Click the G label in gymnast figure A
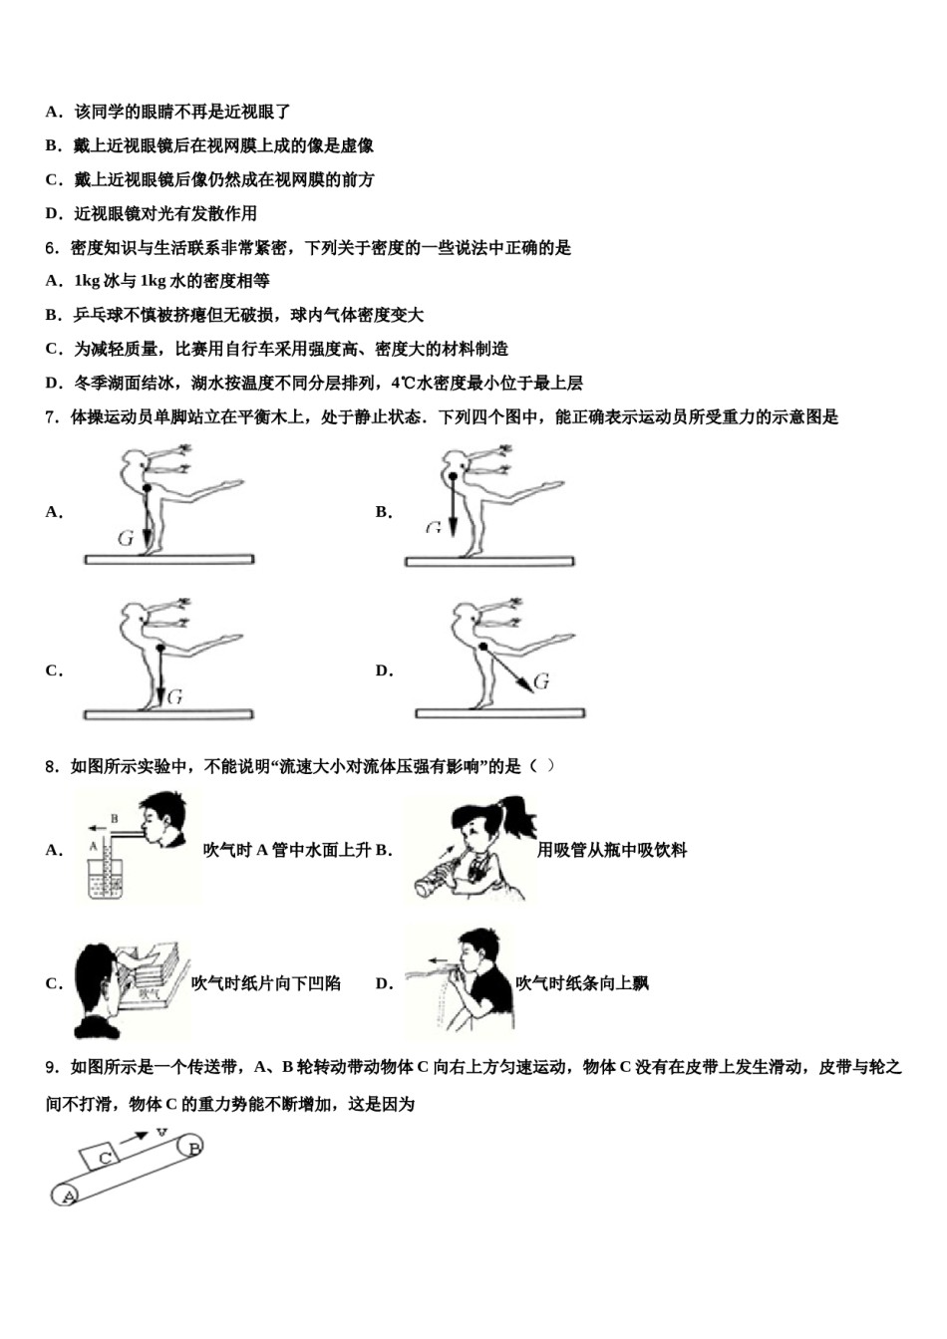pyautogui.click(x=126, y=538)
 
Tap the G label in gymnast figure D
pyautogui.click(x=542, y=681)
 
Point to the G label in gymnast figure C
pyautogui.click(x=174, y=697)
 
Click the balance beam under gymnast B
pyautogui.click(x=489, y=562)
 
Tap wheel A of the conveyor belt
pyautogui.click(x=67, y=1195)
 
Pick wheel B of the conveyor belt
pyautogui.click(x=191, y=1149)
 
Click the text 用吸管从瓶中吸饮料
pyautogui.click(x=611, y=850)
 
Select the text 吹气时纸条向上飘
pyautogui.click(x=581, y=983)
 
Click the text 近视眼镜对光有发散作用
pyautogui.click(x=164, y=213)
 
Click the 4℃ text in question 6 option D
pyautogui.click(x=403, y=383)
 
